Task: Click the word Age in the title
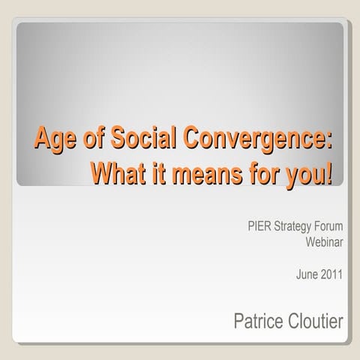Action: pyautogui.click(x=53, y=140)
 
